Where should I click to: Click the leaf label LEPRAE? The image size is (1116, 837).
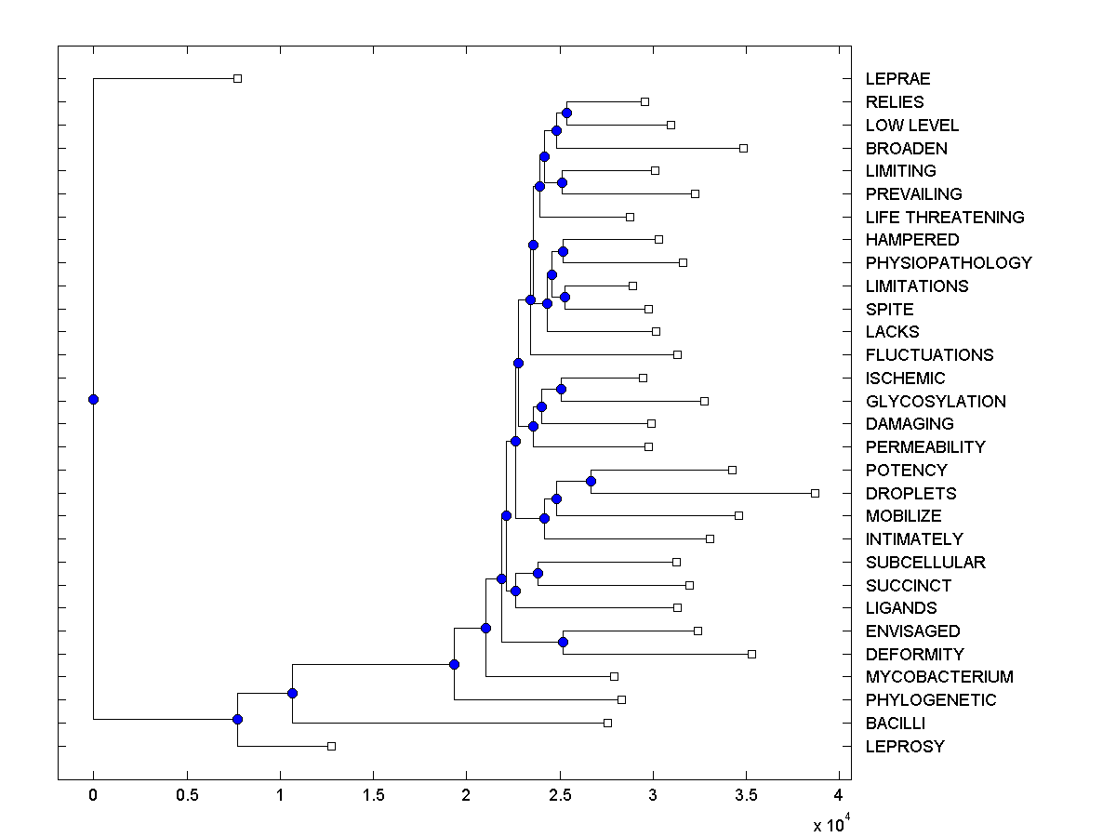coord(897,79)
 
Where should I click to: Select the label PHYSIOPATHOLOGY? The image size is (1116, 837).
coord(948,262)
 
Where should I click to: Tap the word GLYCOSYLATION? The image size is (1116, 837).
coord(935,401)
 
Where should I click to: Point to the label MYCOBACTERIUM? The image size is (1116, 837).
coord(938,677)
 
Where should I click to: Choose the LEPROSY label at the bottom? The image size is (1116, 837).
coord(904,746)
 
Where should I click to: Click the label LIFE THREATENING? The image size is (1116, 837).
coord(944,217)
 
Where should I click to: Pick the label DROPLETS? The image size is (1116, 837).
coord(910,493)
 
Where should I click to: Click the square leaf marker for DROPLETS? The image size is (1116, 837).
coord(815,493)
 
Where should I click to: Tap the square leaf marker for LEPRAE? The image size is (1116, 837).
coord(237,79)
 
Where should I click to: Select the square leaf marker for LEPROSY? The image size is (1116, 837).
coord(331,746)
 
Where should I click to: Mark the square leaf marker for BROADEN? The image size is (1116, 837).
coord(743,148)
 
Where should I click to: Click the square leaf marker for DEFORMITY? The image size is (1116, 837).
coord(751,654)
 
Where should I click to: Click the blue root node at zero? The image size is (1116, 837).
coord(93,399)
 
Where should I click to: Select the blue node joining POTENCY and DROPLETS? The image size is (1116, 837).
coord(591,481)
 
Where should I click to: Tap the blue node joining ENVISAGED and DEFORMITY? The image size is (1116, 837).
coord(563,642)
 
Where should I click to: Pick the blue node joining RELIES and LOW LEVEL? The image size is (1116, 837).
coord(566,113)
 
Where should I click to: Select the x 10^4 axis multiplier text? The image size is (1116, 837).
coord(830,824)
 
